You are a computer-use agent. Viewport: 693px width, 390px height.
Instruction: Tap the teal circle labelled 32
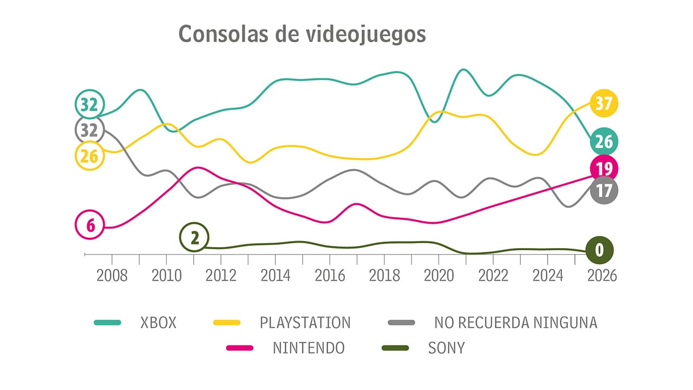pyautogui.click(x=89, y=105)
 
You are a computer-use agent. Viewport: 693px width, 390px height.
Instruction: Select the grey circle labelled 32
pyautogui.click(x=89, y=130)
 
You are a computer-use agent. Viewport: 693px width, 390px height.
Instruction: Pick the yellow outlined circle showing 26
pyautogui.click(x=89, y=156)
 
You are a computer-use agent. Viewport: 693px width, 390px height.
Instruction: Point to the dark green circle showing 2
pyautogui.click(x=194, y=237)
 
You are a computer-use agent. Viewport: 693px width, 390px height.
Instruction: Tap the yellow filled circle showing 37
pyautogui.click(x=603, y=103)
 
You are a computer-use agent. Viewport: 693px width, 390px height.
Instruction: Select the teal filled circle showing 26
pyautogui.click(x=603, y=142)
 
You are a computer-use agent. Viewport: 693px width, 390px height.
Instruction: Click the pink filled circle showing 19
pyautogui.click(x=603, y=169)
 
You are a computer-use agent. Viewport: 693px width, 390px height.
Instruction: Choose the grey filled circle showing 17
pyautogui.click(x=603, y=191)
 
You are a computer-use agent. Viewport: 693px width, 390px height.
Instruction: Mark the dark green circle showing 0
pyautogui.click(x=599, y=250)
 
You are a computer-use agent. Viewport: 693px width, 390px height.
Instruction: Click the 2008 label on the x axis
pyautogui.click(x=112, y=275)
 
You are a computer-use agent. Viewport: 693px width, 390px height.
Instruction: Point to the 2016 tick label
pyautogui.click(x=330, y=275)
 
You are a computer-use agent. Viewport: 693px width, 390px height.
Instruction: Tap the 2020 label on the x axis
pyautogui.click(x=439, y=275)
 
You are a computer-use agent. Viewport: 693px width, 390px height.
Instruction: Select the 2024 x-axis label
pyautogui.click(x=548, y=275)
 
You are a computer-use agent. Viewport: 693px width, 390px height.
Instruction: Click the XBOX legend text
pyautogui.click(x=158, y=323)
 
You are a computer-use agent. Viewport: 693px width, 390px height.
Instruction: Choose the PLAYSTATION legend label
pyautogui.click(x=305, y=323)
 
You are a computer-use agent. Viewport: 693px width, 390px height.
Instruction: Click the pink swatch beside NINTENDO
pyautogui.click(x=237, y=348)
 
